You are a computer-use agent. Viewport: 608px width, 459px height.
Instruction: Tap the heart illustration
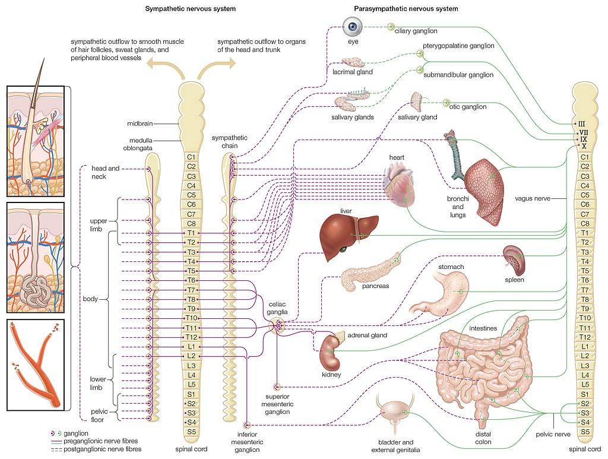click(402, 185)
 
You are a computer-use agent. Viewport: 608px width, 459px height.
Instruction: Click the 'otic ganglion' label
click(467, 107)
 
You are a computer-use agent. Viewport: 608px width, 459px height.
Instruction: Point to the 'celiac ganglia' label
click(277, 306)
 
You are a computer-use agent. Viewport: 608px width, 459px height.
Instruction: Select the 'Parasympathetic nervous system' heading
click(406, 9)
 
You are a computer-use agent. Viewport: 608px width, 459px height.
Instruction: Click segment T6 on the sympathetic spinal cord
click(191, 280)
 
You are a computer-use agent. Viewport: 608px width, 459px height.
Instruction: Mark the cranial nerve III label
click(582, 124)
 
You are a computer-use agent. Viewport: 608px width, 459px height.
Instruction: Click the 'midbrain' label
click(140, 124)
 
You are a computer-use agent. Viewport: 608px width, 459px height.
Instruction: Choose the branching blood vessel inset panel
click(35, 364)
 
